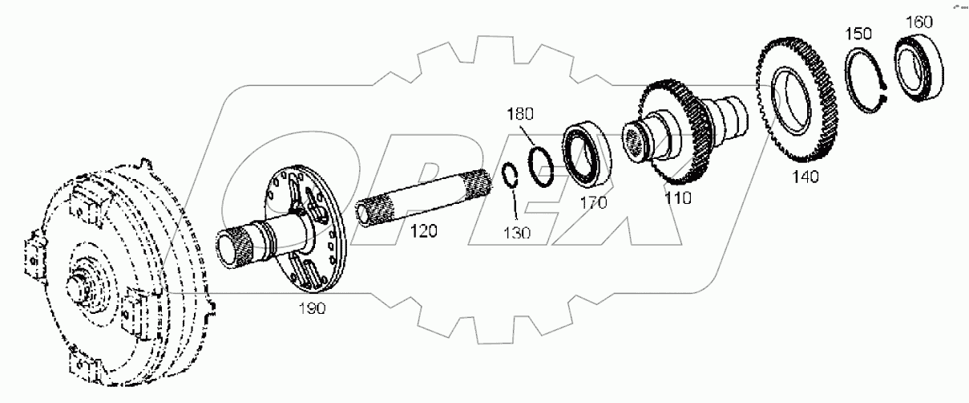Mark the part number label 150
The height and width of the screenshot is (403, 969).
[x=861, y=35]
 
